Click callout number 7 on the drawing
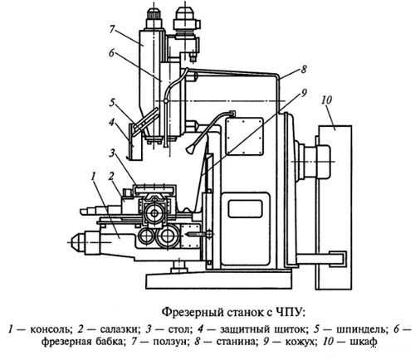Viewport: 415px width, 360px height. (x=112, y=29)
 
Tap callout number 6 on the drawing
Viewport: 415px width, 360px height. (x=111, y=53)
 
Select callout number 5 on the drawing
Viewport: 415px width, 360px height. (x=112, y=103)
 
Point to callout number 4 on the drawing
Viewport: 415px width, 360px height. (x=111, y=122)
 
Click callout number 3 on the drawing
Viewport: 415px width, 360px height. (x=111, y=153)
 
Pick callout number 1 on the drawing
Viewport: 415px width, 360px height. (x=94, y=176)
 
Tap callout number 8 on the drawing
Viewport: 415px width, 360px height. (x=304, y=69)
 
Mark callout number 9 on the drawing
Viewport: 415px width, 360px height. (x=304, y=93)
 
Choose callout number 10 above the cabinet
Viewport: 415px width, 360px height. (x=326, y=100)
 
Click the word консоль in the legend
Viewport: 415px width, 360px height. (x=51, y=329)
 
